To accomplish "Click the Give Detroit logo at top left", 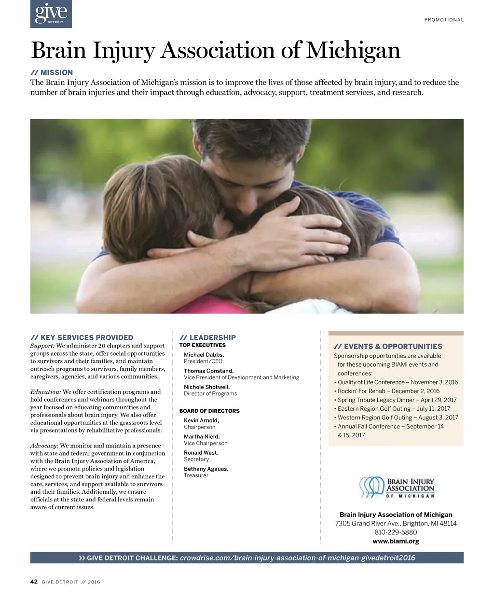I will tap(51, 14).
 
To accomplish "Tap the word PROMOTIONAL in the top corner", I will tap(444, 20).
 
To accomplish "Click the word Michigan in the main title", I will tap(353, 50).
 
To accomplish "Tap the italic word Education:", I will tap(45, 392).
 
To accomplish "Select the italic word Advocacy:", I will tap(44, 445).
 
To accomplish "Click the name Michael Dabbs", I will tap(204, 355).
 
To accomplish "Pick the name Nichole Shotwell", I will tap(206, 387).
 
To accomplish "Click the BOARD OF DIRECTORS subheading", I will tap(209, 411).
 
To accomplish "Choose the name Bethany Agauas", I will tap(206, 469).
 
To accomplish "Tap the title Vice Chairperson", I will tap(206, 443).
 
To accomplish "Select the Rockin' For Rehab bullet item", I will tap(388, 391).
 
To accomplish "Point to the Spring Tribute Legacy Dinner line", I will tap(397, 400).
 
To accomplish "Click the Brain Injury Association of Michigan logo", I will tap(397, 488).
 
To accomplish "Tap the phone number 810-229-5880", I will tap(396, 532).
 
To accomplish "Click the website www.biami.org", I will tap(396, 541).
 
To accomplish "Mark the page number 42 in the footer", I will tap(34, 582).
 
